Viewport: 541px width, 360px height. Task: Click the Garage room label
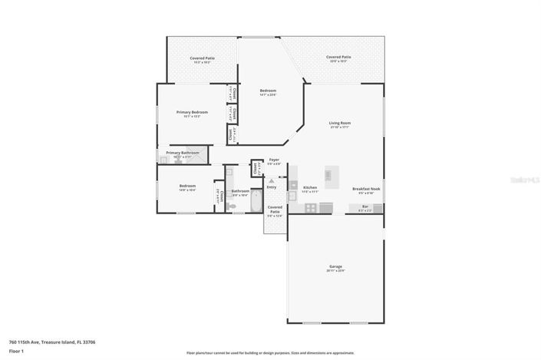(335, 266)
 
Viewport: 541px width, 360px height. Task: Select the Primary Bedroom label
(193, 113)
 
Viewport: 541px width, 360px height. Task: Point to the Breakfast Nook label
(365, 189)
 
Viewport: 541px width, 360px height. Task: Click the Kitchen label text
(310, 187)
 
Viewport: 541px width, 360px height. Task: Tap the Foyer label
(274, 160)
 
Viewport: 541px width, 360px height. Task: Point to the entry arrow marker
(271, 181)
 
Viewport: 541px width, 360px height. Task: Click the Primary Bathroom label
(183, 153)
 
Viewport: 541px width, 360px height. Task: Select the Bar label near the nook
(365, 206)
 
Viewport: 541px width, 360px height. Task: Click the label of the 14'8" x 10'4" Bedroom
(187, 186)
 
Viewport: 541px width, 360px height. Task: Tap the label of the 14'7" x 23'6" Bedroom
(267, 91)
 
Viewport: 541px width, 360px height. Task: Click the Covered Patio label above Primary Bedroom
(203, 58)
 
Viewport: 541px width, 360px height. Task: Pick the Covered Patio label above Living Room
(338, 57)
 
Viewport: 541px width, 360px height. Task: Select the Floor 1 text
(15, 352)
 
